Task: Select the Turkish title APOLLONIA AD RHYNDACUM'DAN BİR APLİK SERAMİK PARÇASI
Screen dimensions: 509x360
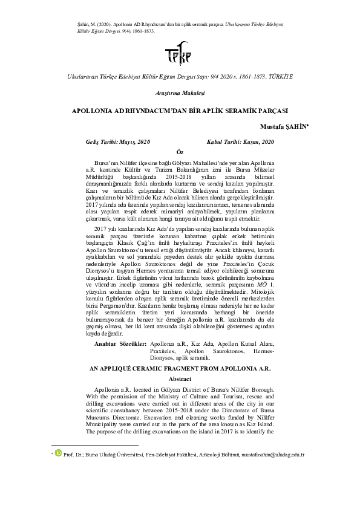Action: click(180, 111)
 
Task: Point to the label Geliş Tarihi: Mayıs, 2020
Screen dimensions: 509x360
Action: click(118, 141)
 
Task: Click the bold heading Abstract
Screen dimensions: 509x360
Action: click(179, 378)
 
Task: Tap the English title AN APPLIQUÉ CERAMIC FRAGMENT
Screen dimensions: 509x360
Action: click(179, 368)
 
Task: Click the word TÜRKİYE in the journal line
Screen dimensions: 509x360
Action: click(280, 77)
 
